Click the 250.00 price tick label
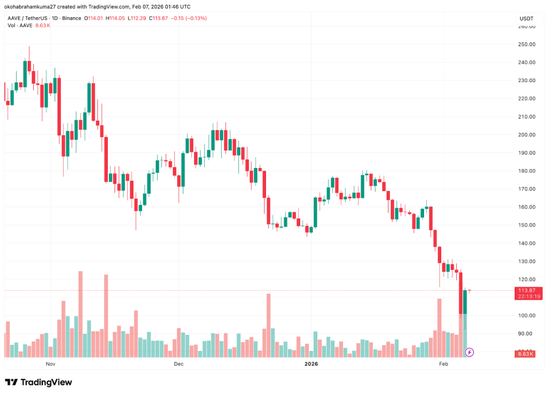526,44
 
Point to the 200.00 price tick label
526,135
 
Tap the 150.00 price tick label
526,225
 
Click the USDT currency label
526,19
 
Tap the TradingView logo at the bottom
39,382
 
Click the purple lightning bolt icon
470,352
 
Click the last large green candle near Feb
465,302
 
